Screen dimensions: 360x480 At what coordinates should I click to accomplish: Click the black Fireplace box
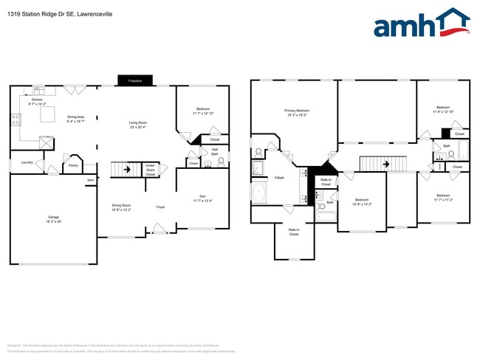[x=134, y=80]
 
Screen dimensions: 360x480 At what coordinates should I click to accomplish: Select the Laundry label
[x=25, y=162]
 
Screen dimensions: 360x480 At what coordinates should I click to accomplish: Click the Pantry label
[x=73, y=165]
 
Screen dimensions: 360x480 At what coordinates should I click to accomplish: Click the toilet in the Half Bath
[x=220, y=163]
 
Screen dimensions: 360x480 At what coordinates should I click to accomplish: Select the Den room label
[x=202, y=195]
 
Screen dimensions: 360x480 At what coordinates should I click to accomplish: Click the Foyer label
[x=160, y=207]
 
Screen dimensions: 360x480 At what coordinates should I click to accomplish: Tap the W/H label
[x=90, y=180]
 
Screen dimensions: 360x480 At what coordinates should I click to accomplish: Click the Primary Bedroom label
[x=296, y=111]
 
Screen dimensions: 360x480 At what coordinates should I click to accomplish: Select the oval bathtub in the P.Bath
[x=259, y=193]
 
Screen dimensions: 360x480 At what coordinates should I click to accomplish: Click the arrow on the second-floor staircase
[x=385, y=164]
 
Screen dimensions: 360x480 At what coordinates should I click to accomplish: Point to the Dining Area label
[x=76, y=117]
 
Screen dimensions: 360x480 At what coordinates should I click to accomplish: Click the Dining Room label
[x=121, y=205]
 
